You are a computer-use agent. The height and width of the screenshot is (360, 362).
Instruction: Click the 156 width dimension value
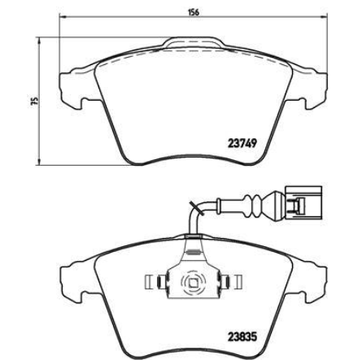[x=194, y=12]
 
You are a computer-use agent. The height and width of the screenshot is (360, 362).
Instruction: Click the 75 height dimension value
[x=34, y=101]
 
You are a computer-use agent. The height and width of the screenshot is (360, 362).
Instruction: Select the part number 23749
[x=242, y=143]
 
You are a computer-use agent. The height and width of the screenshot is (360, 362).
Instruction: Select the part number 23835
[x=242, y=336]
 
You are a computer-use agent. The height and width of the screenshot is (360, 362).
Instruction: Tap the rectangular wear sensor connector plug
[x=303, y=202]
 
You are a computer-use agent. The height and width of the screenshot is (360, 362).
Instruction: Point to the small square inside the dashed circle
[x=194, y=283]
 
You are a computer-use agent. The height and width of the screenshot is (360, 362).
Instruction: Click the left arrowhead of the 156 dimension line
[x=63, y=17]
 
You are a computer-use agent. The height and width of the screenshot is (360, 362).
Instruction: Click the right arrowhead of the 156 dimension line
[x=324, y=17]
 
